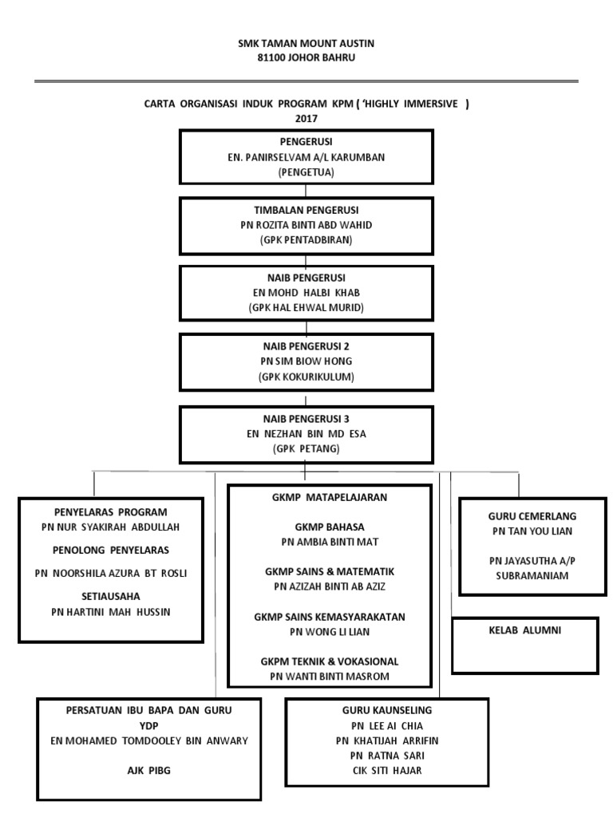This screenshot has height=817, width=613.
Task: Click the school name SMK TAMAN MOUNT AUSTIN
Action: (x=306, y=44)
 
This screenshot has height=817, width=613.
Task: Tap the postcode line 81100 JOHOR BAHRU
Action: (x=306, y=57)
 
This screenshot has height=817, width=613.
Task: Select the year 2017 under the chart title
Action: (x=306, y=118)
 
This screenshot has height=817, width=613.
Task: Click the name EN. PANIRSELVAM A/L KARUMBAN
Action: (x=306, y=157)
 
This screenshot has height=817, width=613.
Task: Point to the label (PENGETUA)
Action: (x=306, y=172)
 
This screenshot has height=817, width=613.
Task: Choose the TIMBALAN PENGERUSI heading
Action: (x=306, y=211)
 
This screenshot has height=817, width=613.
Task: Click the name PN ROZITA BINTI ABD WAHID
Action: (x=306, y=225)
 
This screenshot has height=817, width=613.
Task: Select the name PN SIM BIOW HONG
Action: (x=306, y=361)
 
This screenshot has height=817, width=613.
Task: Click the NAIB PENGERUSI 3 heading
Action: (x=306, y=418)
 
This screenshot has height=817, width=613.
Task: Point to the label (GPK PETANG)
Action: (x=306, y=449)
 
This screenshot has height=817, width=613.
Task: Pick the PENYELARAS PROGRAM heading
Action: (x=111, y=511)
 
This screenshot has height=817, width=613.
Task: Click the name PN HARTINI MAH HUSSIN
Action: (x=111, y=612)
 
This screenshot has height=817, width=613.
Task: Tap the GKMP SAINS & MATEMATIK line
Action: (x=330, y=572)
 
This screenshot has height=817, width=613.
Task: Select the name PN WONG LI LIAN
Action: (x=330, y=631)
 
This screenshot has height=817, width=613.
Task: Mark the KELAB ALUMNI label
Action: (x=524, y=630)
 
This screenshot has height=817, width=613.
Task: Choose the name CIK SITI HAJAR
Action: (x=387, y=770)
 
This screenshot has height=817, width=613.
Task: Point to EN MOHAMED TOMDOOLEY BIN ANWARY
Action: (x=149, y=740)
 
